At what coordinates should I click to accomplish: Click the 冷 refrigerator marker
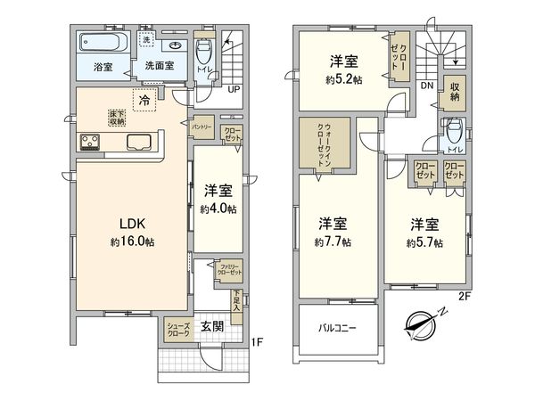[x=144, y=102]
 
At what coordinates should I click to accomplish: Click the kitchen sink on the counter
[x=141, y=142]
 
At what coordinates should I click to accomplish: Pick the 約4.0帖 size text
[x=218, y=209]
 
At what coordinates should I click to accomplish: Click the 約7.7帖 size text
[x=333, y=241]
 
